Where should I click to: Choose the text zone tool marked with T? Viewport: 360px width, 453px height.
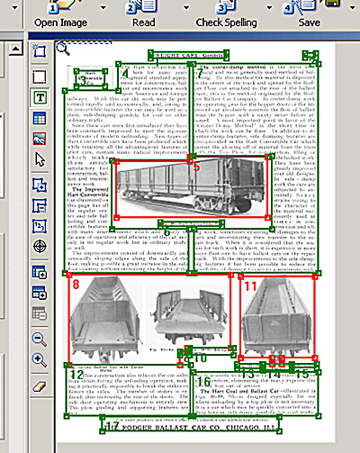40,96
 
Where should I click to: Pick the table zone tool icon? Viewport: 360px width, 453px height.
40,117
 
